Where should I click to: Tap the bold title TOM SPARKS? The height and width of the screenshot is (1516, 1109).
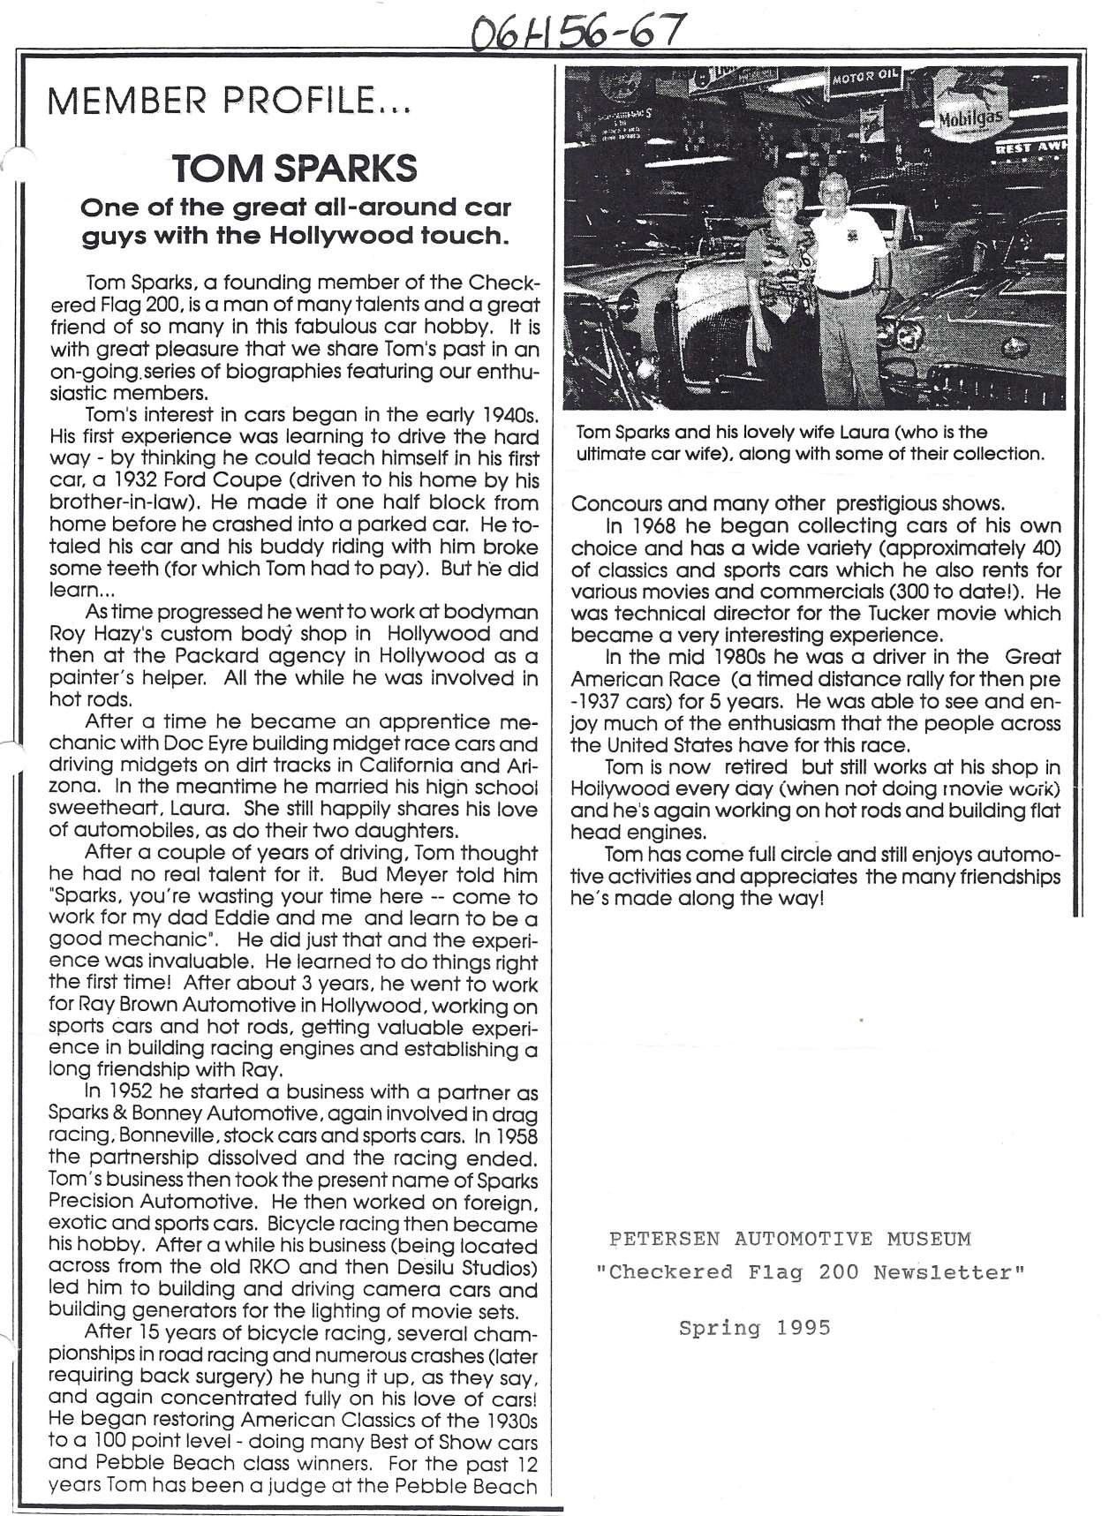click(x=294, y=168)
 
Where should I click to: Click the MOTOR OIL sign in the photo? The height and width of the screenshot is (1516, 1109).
click(x=864, y=79)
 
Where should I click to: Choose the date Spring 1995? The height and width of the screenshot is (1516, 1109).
click(x=755, y=1327)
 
